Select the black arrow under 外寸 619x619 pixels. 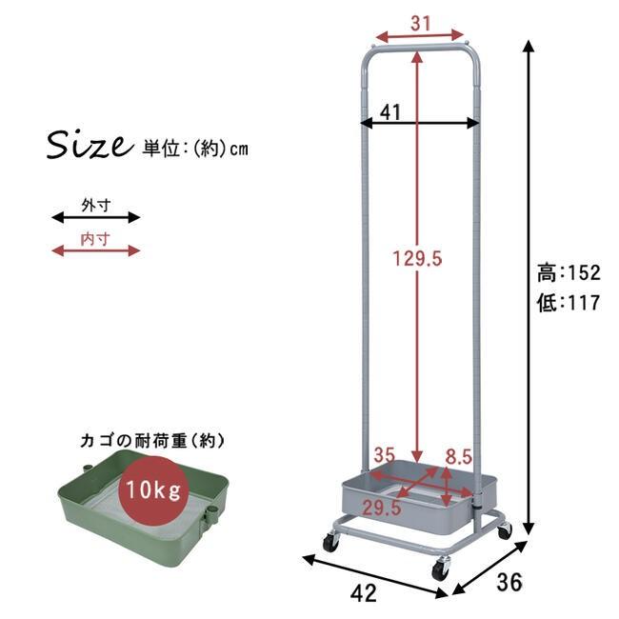click(x=95, y=217)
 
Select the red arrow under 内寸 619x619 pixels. click(x=95, y=250)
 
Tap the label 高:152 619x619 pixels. click(x=569, y=274)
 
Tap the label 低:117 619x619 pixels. click(x=569, y=304)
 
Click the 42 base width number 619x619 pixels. click(x=363, y=592)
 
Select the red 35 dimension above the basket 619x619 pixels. click(x=384, y=454)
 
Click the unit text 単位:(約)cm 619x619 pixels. click(x=195, y=149)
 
